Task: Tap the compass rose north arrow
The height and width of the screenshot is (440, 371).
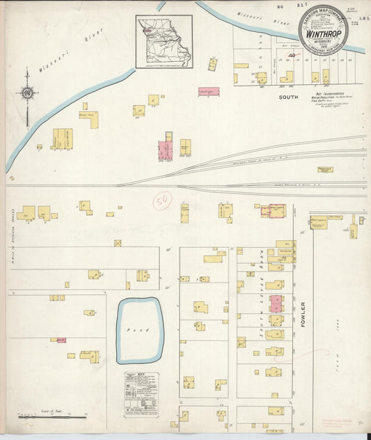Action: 27,92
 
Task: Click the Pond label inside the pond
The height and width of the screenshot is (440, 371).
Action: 139,329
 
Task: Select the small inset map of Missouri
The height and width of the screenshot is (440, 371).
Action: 164,43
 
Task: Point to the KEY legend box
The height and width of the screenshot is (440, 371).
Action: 141,394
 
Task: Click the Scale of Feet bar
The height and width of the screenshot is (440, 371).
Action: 52,416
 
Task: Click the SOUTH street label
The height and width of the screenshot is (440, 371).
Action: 288,98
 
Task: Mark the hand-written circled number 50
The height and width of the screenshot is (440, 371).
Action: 163,201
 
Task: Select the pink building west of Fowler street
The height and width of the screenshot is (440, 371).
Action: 276,303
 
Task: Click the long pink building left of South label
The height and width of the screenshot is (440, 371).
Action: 208,91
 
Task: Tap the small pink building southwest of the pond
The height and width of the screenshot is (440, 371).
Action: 61,340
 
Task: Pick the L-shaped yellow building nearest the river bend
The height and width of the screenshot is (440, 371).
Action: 89,118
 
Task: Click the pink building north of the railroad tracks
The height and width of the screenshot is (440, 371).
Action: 166,150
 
